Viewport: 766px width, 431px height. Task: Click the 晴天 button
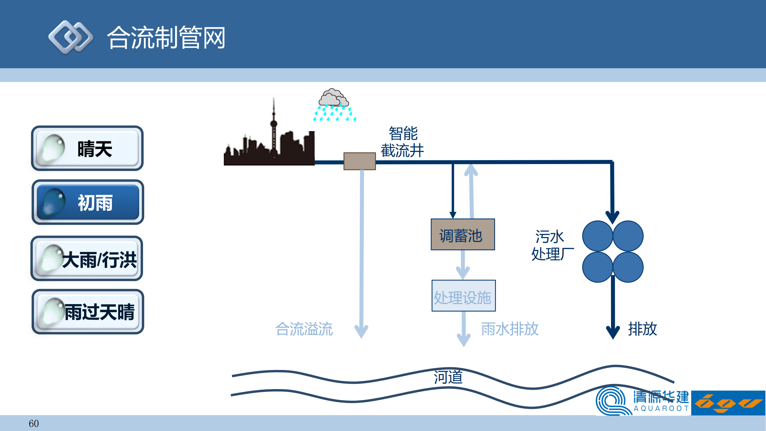(x=87, y=148)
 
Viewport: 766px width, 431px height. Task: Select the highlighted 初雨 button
(x=88, y=202)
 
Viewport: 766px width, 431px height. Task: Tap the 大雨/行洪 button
(x=87, y=259)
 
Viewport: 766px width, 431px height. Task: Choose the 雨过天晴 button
(x=88, y=312)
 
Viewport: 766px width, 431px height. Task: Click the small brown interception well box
(x=359, y=161)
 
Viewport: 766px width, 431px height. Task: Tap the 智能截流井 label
(x=402, y=142)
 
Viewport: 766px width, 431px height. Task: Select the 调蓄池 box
(x=463, y=235)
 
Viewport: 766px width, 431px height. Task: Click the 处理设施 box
(x=463, y=296)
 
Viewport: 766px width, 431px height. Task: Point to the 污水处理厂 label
(x=552, y=245)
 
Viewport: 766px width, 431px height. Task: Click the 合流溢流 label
(x=304, y=329)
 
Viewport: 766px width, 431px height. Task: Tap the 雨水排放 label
(x=510, y=329)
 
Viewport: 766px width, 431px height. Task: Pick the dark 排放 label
(x=642, y=329)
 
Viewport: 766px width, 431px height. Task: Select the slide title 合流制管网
(x=166, y=38)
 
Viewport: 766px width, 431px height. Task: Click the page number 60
(x=34, y=424)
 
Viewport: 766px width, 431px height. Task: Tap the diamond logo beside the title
(x=71, y=37)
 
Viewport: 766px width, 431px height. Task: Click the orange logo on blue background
(x=728, y=403)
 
